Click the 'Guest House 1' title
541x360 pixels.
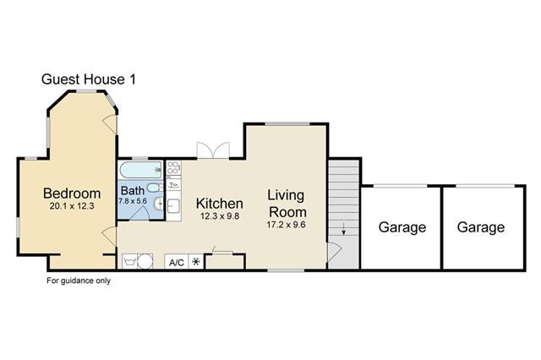pyautogui.click(x=89, y=79)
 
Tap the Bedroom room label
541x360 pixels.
pyautogui.click(x=72, y=194)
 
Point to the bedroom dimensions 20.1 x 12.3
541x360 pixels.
pyautogui.click(x=72, y=206)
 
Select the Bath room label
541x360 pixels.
pyautogui.click(x=133, y=190)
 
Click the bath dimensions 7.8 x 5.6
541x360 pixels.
pyautogui.click(x=133, y=201)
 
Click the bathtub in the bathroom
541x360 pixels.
pyautogui.click(x=141, y=170)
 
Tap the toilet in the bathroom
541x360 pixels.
pyautogui.click(x=155, y=188)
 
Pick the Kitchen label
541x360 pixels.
pyautogui.click(x=220, y=204)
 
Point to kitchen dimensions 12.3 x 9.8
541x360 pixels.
pyautogui.click(x=220, y=216)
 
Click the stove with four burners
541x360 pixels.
pyautogui.click(x=173, y=168)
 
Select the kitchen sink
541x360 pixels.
pyautogui.click(x=173, y=207)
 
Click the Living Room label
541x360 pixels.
pyautogui.click(x=287, y=204)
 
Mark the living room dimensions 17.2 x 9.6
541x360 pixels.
pyautogui.click(x=286, y=225)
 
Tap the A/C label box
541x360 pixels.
pyautogui.click(x=177, y=263)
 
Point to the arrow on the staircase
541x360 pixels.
pyautogui.click(x=344, y=229)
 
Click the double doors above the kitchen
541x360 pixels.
pyautogui.click(x=213, y=150)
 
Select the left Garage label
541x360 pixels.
pyautogui.click(x=402, y=227)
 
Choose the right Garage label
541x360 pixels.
pyautogui.click(x=481, y=227)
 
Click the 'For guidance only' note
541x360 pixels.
pyautogui.click(x=79, y=281)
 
